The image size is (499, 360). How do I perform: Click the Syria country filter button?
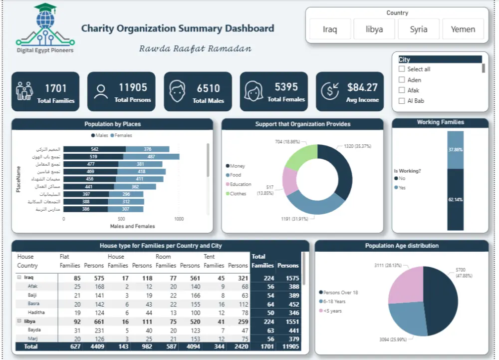point(418,29)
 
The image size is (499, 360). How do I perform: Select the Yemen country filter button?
point(463,29)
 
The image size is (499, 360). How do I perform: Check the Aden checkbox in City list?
point(402,80)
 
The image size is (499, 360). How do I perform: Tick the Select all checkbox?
point(402,69)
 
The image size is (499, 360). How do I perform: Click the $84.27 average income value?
point(362,87)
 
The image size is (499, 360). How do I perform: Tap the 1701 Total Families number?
point(55,88)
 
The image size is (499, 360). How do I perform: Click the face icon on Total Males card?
point(176,91)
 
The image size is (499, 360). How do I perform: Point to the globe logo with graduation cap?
point(45,22)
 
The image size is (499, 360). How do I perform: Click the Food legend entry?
point(235,175)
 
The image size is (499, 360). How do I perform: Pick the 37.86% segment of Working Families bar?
point(455,150)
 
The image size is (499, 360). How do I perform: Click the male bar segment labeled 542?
point(94,149)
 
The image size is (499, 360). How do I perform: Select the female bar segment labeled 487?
point(151,157)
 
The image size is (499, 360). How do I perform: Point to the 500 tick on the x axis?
point(121,219)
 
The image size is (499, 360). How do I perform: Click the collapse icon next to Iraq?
point(19,277)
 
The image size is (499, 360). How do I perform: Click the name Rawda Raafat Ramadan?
point(195,49)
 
